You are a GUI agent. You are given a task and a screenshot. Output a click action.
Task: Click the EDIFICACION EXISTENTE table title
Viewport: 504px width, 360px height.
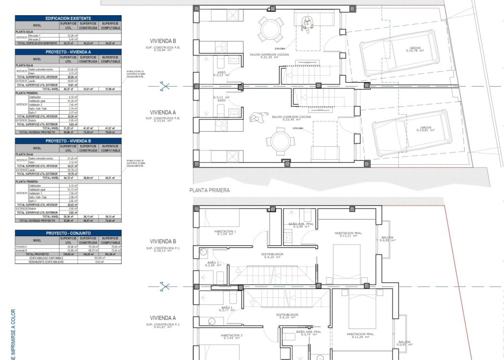coord(68,18)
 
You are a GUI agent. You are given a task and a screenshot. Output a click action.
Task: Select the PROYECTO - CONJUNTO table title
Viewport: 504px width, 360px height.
coord(68,233)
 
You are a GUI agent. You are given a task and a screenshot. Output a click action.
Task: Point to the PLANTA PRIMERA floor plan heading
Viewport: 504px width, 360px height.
coord(210,190)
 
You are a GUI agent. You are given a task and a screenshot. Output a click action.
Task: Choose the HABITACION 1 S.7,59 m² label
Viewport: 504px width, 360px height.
coord(225,233)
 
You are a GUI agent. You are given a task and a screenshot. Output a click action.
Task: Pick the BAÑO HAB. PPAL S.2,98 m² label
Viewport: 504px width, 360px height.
coord(300,225)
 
